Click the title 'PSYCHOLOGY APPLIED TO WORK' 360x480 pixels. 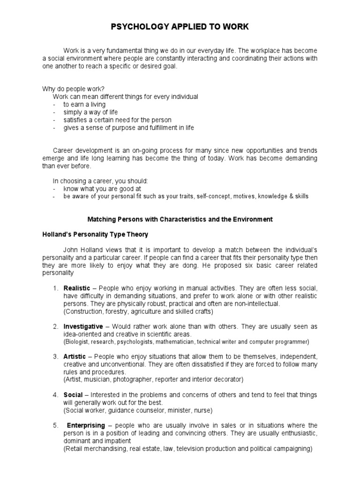pos(180,27)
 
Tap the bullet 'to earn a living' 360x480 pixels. pos(84,105)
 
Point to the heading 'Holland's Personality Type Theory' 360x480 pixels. pos(95,234)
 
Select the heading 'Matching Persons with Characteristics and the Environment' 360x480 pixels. pos(180,219)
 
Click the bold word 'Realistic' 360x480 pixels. pos(77,288)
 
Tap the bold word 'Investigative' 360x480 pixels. pos(83,326)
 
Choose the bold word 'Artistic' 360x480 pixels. pos(75,357)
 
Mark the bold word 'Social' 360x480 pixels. pos(73,395)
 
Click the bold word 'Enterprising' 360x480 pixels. pos(85,425)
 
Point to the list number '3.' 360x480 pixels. pos(55,357)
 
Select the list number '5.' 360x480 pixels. pos(55,425)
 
